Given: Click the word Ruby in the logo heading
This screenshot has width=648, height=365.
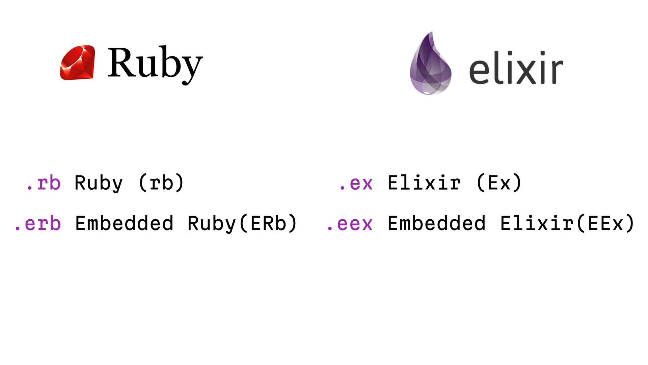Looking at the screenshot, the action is (x=155, y=64).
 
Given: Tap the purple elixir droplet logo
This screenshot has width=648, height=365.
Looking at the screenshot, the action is (x=430, y=64).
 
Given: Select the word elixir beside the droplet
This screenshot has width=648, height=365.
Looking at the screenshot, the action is (x=516, y=68).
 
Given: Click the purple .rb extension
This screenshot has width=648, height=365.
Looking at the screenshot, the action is (x=43, y=183).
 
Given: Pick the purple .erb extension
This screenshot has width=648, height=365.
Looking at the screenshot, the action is (x=37, y=223).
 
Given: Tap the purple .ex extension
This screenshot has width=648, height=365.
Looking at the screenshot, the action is (x=356, y=183).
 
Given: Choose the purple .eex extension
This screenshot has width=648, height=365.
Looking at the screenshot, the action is (x=350, y=223).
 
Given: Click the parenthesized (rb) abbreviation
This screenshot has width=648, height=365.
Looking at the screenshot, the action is (x=161, y=183).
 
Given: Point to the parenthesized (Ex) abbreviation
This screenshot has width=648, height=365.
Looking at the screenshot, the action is (x=499, y=183).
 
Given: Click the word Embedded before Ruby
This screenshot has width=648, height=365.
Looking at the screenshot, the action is (x=124, y=223).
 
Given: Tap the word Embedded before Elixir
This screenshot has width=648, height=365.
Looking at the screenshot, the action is (x=436, y=223).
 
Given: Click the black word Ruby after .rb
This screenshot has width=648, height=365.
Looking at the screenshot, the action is (x=99, y=183).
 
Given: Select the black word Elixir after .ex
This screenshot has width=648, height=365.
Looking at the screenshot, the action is (x=424, y=183).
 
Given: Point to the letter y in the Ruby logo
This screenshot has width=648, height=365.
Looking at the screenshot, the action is (x=192, y=69).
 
